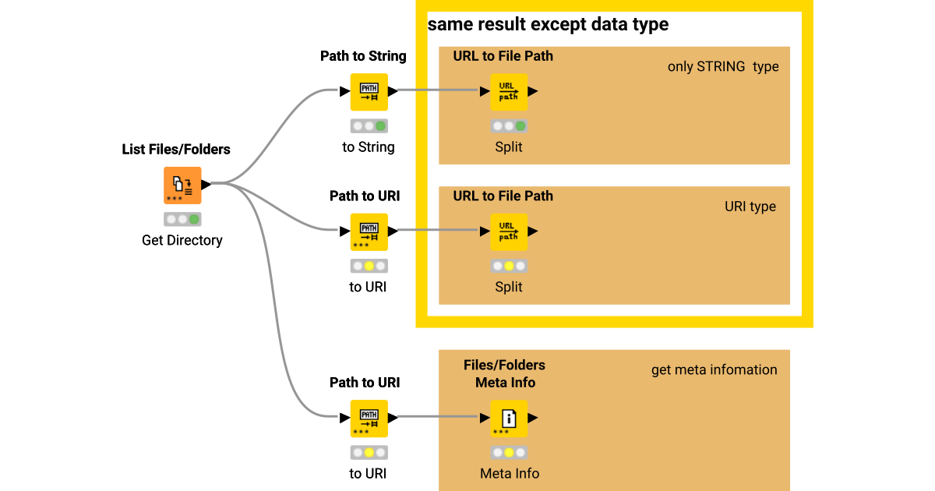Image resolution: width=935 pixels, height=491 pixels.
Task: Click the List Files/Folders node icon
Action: pyautogui.click(x=182, y=185)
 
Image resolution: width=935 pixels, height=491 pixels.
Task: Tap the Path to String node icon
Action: pyautogui.click(x=369, y=92)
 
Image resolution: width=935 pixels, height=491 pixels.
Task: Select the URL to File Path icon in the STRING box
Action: pyautogui.click(x=509, y=92)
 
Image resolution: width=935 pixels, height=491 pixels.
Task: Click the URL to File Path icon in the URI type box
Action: pyautogui.click(x=509, y=231)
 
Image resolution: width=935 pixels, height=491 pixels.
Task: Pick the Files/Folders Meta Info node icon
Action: pyautogui.click(x=509, y=419)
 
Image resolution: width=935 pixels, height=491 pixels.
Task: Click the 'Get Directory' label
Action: pyautogui.click(x=182, y=240)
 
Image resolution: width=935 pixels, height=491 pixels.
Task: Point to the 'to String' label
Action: pyautogui.click(x=369, y=147)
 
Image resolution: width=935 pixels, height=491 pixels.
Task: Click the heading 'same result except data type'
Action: pyautogui.click(x=549, y=24)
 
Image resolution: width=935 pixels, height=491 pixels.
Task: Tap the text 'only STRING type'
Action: pyautogui.click(x=722, y=66)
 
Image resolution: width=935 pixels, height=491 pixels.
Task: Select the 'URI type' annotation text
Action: pyautogui.click(x=750, y=207)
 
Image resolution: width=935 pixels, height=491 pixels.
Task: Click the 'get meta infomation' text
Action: pyautogui.click(x=714, y=369)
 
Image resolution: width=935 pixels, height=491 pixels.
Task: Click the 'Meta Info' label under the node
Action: pyautogui.click(x=509, y=473)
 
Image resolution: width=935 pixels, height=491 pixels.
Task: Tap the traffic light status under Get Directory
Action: pyautogui.click(x=182, y=219)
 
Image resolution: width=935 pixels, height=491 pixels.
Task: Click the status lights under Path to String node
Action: pyautogui.click(x=369, y=125)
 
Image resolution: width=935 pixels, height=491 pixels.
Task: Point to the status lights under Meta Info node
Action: pyautogui.click(x=509, y=452)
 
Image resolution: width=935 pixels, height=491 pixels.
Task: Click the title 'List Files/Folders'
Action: pyautogui.click(x=176, y=149)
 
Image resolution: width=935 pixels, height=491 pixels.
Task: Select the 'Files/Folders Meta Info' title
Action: pyautogui.click(x=504, y=373)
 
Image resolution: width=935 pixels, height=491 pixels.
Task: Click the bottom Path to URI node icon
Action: pyautogui.click(x=369, y=419)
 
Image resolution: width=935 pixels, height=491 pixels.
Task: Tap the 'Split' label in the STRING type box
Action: pyautogui.click(x=509, y=147)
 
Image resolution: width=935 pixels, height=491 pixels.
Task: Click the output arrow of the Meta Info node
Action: pyautogui.click(x=534, y=419)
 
